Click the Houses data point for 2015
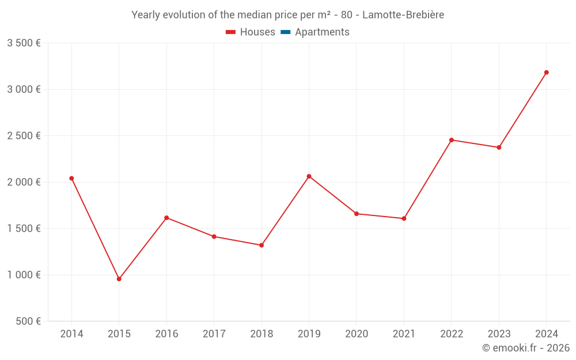[x=119, y=279]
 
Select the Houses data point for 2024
[x=546, y=73]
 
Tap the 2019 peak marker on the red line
[x=309, y=176]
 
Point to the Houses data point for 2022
[x=452, y=140]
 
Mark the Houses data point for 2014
[x=71, y=179]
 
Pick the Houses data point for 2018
[x=262, y=245]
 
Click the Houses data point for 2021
[x=404, y=218]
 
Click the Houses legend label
[x=257, y=32]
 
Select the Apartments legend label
[x=322, y=32]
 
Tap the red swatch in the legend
[x=230, y=32]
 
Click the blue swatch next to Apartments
[x=285, y=32]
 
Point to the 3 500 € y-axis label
[x=24, y=43]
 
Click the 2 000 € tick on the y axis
[x=24, y=182]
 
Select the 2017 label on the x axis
[x=214, y=334]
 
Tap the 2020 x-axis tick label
[x=357, y=334]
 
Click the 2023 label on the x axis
[x=499, y=334]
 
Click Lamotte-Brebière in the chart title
[x=403, y=15]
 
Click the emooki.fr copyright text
[x=526, y=348]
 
